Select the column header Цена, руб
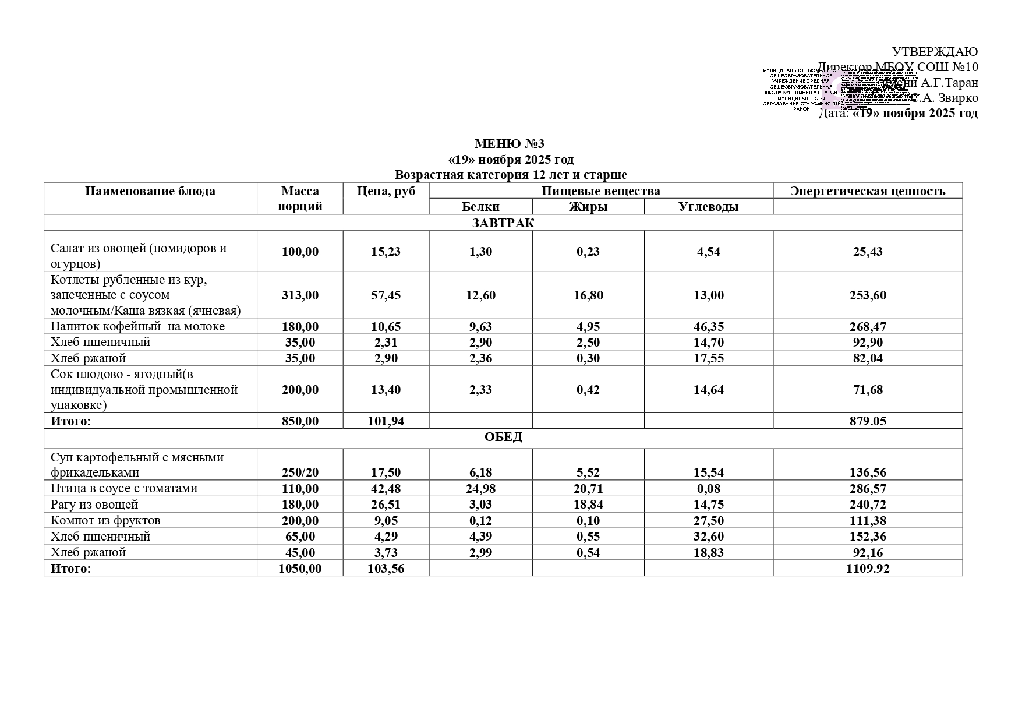(386, 191)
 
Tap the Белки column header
(480, 207)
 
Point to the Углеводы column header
(708, 207)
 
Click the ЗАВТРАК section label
(503, 223)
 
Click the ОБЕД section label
(503, 438)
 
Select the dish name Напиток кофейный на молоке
(137, 326)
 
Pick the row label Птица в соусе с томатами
(124, 488)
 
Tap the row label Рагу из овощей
(94, 505)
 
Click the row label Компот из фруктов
(105, 520)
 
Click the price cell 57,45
(386, 295)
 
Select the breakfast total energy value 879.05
(868, 421)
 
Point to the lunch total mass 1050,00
(300, 569)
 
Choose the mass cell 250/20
(300, 472)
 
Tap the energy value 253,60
(868, 295)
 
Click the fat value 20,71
(588, 489)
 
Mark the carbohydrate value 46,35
(708, 327)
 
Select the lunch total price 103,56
(386, 569)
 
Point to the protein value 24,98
(480, 489)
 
